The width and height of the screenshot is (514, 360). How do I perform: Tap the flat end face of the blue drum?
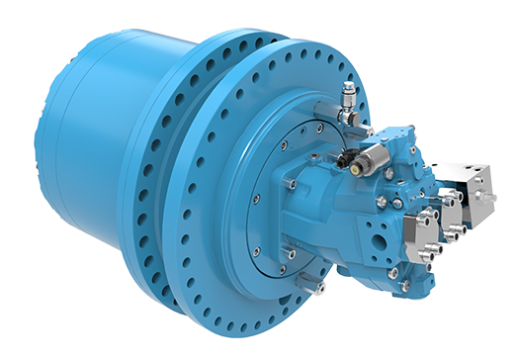coord(61,138)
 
